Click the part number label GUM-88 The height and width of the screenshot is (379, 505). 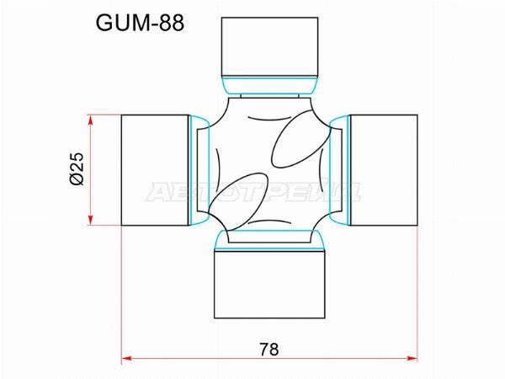click(140, 24)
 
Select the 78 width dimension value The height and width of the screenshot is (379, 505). click(269, 349)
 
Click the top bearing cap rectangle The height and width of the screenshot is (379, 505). click(270, 47)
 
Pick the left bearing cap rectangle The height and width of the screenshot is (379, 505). click(155, 170)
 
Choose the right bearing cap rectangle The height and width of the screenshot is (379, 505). click(384, 170)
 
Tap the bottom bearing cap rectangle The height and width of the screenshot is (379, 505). click(269, 285)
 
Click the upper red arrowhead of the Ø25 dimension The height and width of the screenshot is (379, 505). click(91, 120)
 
